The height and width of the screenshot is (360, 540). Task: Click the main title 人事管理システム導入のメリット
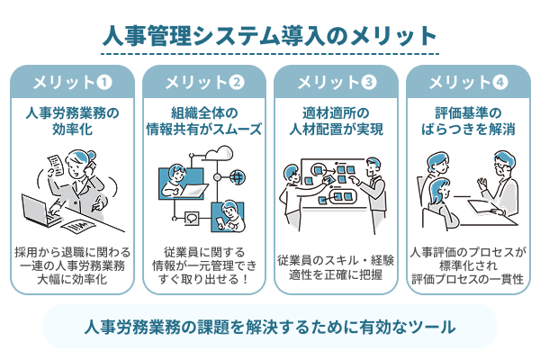click(270, 36)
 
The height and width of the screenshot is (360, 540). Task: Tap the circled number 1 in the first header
click(104, 83)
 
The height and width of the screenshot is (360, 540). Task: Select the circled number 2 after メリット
click(237, 83)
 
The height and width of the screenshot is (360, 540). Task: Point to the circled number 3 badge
click(369, 83)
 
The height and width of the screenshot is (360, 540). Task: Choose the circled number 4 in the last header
click(501, 83)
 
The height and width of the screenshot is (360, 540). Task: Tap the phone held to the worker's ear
click(89, 167)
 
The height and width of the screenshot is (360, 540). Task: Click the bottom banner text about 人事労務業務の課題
click(270, 326)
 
